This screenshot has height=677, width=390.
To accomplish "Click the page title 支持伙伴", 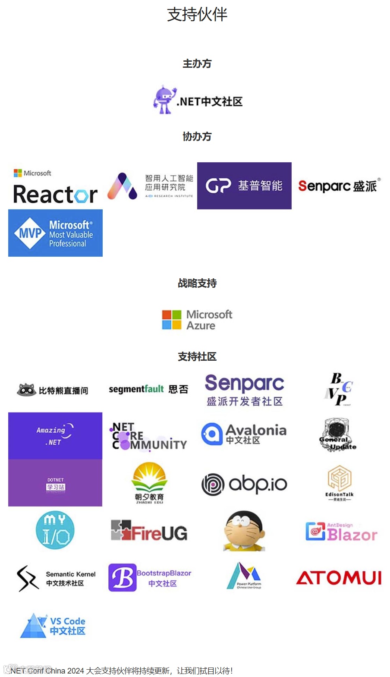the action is [x=197, y=15].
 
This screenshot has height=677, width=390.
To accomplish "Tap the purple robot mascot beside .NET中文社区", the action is [x=164, y=100].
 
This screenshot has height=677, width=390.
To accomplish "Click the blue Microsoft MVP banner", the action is [x=55, y=233].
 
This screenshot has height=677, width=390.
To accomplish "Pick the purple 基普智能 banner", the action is [x=244, y=186].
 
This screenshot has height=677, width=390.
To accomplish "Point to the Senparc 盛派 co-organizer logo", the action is [x=339, y=186].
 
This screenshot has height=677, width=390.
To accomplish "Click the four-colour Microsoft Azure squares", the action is [x=172, y=320].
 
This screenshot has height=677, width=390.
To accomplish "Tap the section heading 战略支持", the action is [x=197, y=283].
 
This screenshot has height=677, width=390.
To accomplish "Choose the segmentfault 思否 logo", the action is [x=148, y=389].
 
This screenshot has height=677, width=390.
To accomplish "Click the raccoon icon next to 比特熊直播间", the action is [x=26, y=390].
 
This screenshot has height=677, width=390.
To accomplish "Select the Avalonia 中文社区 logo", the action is [x=243, y=434].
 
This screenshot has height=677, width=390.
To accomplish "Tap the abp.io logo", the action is [x=244, y=484].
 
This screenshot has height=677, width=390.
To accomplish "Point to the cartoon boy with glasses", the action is [x=244, y=531].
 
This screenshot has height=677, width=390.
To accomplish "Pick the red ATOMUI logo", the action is [x=339, y=578].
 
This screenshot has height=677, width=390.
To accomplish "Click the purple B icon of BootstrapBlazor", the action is [x=122, y=577].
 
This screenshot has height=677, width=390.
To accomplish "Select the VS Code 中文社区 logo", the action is [x=53, y=626].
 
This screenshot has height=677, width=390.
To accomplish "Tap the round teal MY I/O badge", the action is [x=55, y=530].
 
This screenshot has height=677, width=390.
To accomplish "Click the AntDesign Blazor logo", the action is [x=341, y=532].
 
